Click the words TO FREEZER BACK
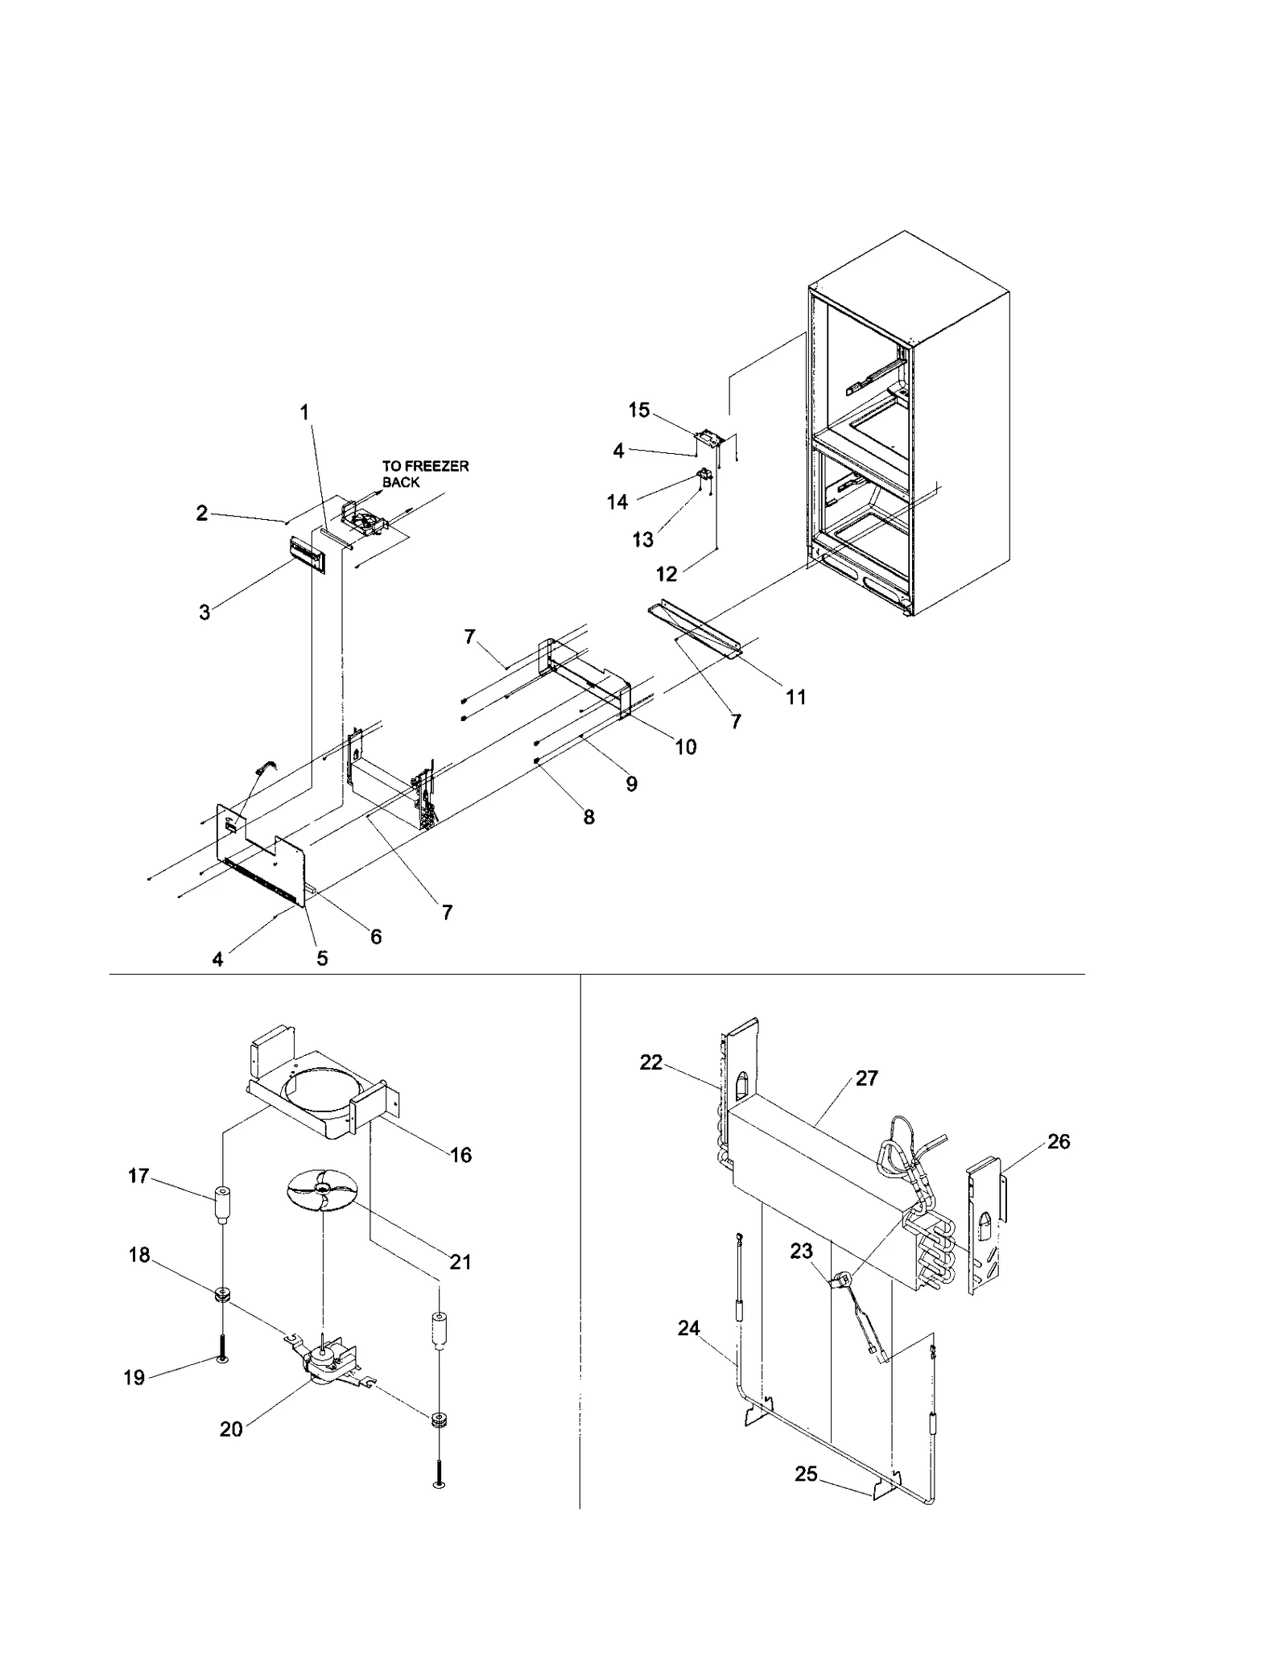(424, 474)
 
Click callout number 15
(638, 410)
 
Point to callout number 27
(866, 1078)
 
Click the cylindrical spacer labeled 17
(221, 1205)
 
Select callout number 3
(204, 612)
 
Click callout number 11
(795, 697)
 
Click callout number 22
(650, 1062)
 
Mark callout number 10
(685, 747)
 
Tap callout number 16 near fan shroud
(460, 1155)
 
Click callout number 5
(322, 958)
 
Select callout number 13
(642, 539)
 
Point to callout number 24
(688, 1328)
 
